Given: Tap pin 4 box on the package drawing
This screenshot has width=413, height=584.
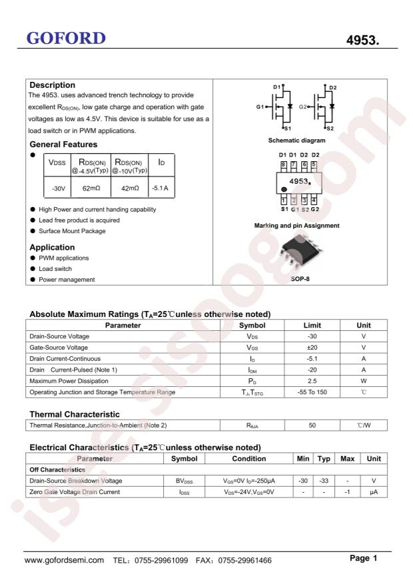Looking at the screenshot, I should (x=314, y=200).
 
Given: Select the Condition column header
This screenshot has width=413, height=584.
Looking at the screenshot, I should (x=248, y=459).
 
